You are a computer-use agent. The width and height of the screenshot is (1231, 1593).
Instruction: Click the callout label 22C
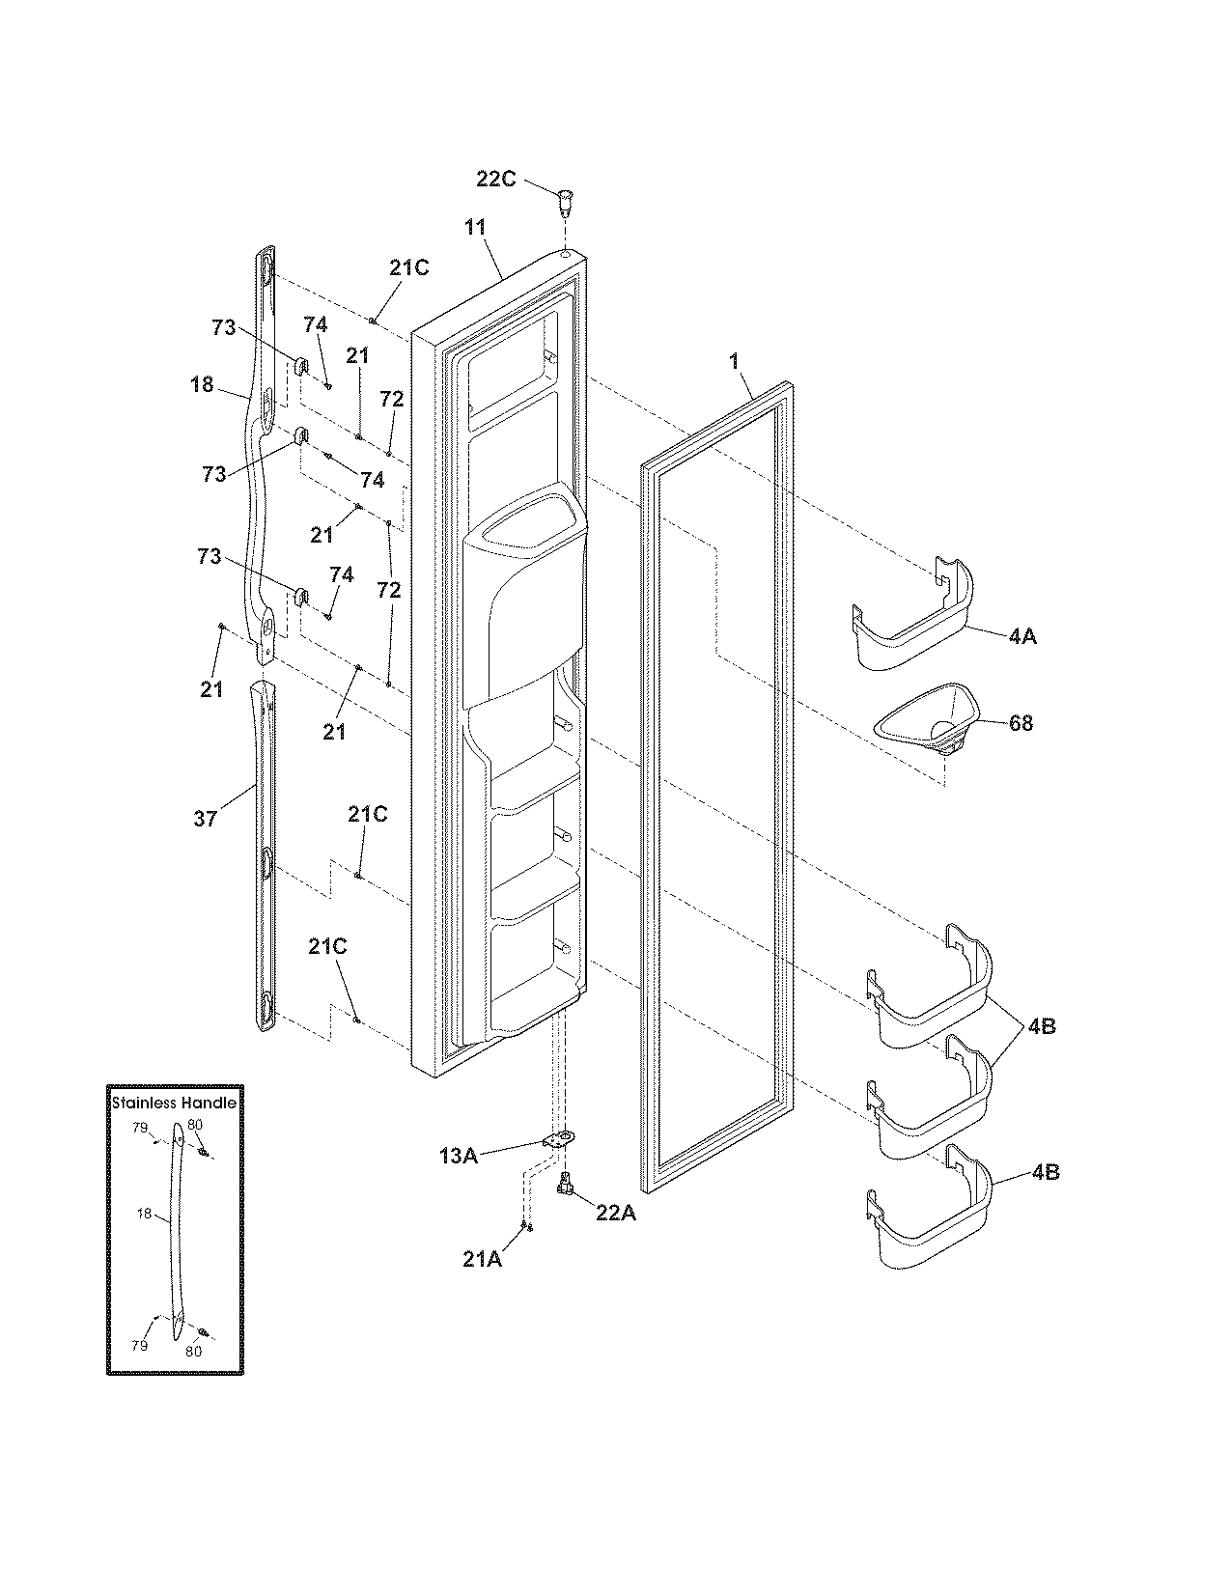496,179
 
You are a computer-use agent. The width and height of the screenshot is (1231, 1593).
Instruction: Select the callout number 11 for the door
474,228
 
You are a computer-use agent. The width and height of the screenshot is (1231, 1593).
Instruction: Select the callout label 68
1020,723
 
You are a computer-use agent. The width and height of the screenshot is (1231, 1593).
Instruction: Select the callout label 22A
615,1214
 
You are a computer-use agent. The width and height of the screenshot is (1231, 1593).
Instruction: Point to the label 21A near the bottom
483,1259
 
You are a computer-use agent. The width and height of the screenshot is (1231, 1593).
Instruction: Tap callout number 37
205,819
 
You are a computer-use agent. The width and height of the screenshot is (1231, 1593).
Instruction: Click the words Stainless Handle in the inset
174,1103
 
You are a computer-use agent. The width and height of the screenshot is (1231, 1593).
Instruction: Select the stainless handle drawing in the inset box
178,1231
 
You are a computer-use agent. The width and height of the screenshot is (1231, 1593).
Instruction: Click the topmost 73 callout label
223,328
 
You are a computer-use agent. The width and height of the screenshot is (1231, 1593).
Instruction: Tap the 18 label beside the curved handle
202,385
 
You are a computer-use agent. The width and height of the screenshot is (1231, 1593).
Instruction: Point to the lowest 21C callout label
327,947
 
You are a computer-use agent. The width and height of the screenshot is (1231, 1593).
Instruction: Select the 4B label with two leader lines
1041,1026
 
